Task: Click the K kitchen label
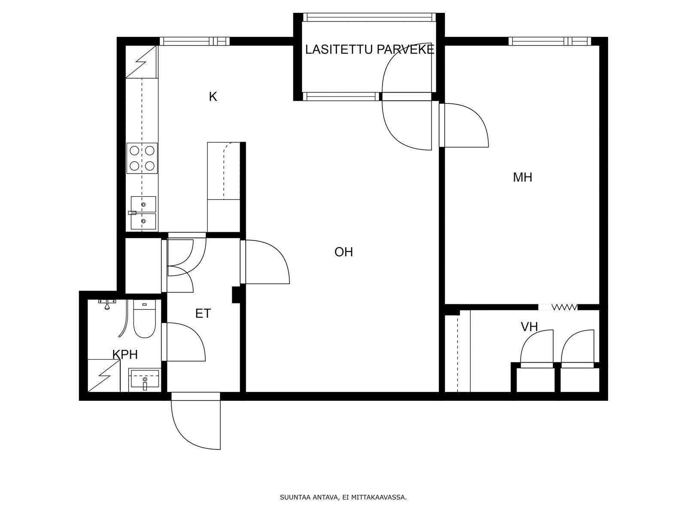213,97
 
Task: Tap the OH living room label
343,252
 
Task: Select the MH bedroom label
523,177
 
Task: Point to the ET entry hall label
203,313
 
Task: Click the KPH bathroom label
125,354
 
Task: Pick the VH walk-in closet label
529,327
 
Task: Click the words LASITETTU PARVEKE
370,49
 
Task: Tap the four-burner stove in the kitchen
142,158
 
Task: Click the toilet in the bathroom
144,318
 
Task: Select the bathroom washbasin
145,380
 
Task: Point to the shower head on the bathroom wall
107,304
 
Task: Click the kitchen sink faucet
132,213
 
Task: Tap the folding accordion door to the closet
558,307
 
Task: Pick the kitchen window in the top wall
195,41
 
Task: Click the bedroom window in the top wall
550,41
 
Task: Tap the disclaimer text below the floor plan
343,497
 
